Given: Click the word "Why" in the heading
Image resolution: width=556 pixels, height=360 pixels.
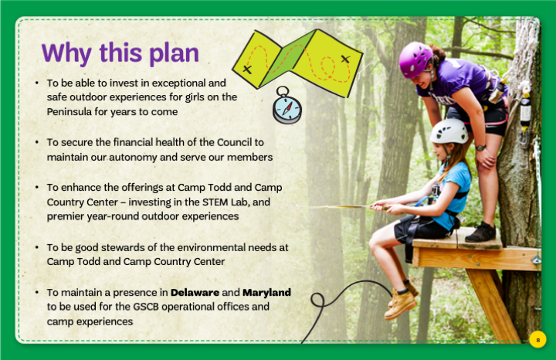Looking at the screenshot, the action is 66,53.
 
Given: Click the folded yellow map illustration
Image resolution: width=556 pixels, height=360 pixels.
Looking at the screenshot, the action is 297,63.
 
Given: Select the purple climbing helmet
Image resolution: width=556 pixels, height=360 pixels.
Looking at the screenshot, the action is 415,59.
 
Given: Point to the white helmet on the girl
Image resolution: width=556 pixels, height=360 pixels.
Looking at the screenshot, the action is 449,131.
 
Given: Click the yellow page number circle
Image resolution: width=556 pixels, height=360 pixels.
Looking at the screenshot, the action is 537,340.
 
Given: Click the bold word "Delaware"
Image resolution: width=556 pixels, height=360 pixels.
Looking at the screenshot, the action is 195,292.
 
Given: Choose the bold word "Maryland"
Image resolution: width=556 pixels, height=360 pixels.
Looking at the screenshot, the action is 266,293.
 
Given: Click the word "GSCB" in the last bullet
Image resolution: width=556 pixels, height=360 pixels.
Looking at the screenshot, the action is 146,307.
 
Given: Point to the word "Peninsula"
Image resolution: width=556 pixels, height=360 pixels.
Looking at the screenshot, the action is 69,112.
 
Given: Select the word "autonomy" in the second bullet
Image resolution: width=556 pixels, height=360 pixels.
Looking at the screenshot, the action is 133,158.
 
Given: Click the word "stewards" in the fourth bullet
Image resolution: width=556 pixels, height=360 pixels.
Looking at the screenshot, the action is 123,247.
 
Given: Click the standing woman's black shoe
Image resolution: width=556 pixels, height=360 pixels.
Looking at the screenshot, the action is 480,233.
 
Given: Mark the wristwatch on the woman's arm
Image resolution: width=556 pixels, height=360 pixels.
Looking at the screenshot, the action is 481,148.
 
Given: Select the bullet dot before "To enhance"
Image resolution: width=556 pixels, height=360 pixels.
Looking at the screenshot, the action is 37,187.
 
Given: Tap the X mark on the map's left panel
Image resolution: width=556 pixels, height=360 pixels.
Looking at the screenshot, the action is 248,69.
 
